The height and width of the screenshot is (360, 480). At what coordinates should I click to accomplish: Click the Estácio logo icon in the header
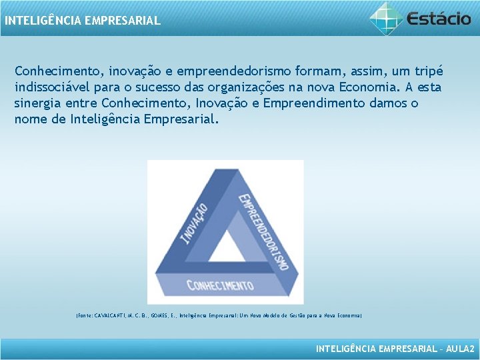click(x=386, y=17)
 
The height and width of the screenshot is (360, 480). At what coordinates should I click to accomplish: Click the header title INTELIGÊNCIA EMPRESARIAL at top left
click(x=83, y=21)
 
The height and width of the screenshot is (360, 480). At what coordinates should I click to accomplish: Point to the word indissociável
click(x=52, y=87)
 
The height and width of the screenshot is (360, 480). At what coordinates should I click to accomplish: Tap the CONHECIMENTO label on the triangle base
click(x=220, y=285)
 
